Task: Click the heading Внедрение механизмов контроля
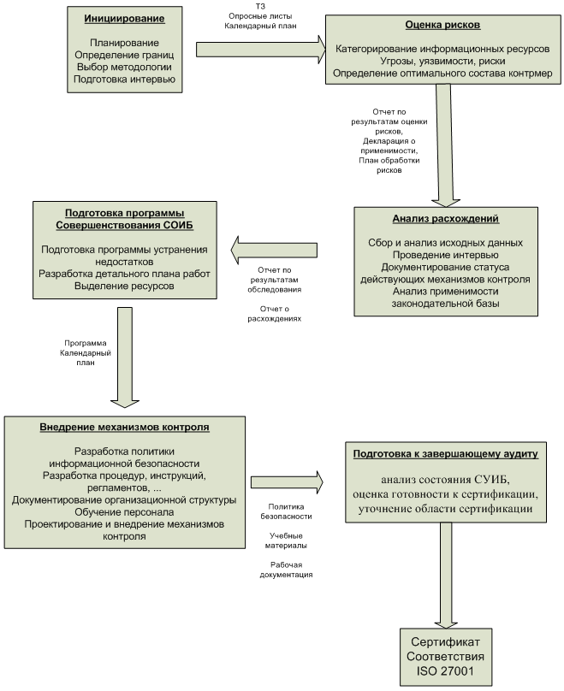point(125,426)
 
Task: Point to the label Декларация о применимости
point(389,145)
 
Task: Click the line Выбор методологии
point(123,67)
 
